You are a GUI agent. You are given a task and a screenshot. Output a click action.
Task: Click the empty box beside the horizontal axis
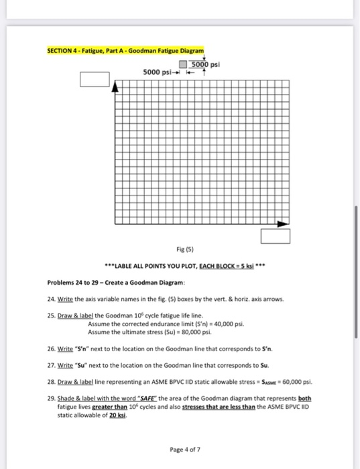click(276, 236)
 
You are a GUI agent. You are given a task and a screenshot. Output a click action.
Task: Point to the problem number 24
click(51, 299)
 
